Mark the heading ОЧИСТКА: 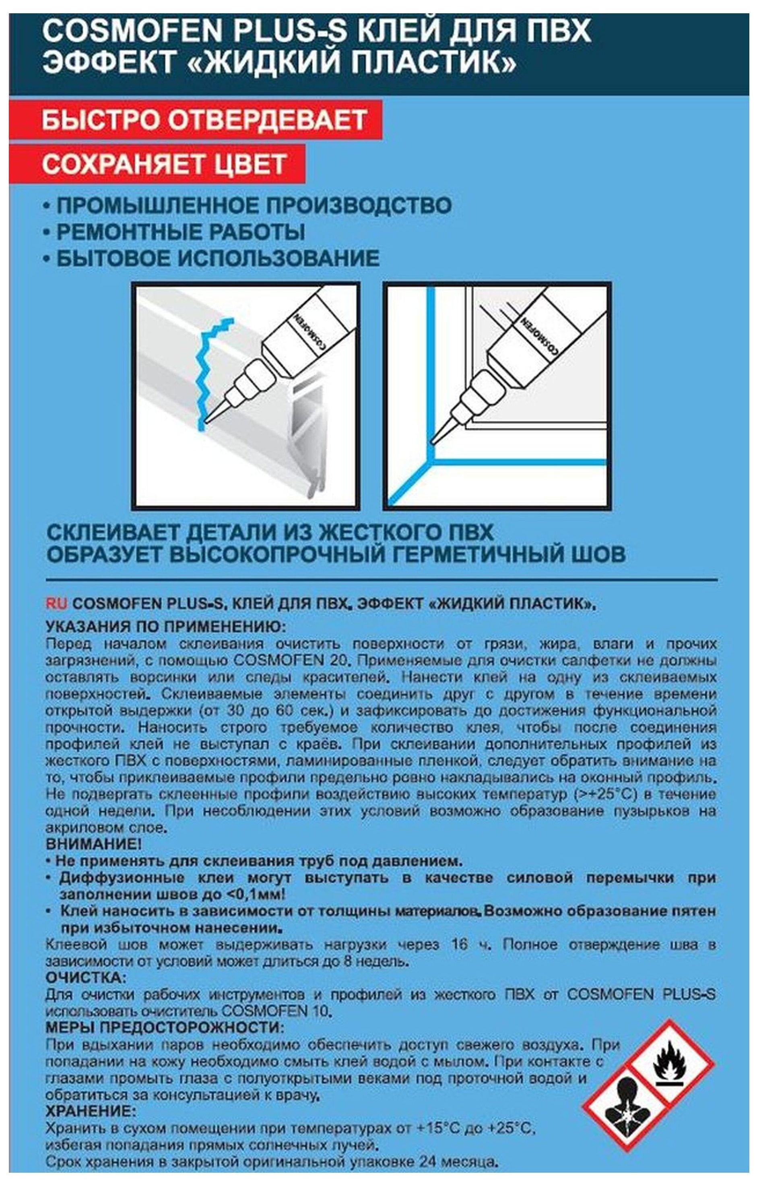(86, 977)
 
